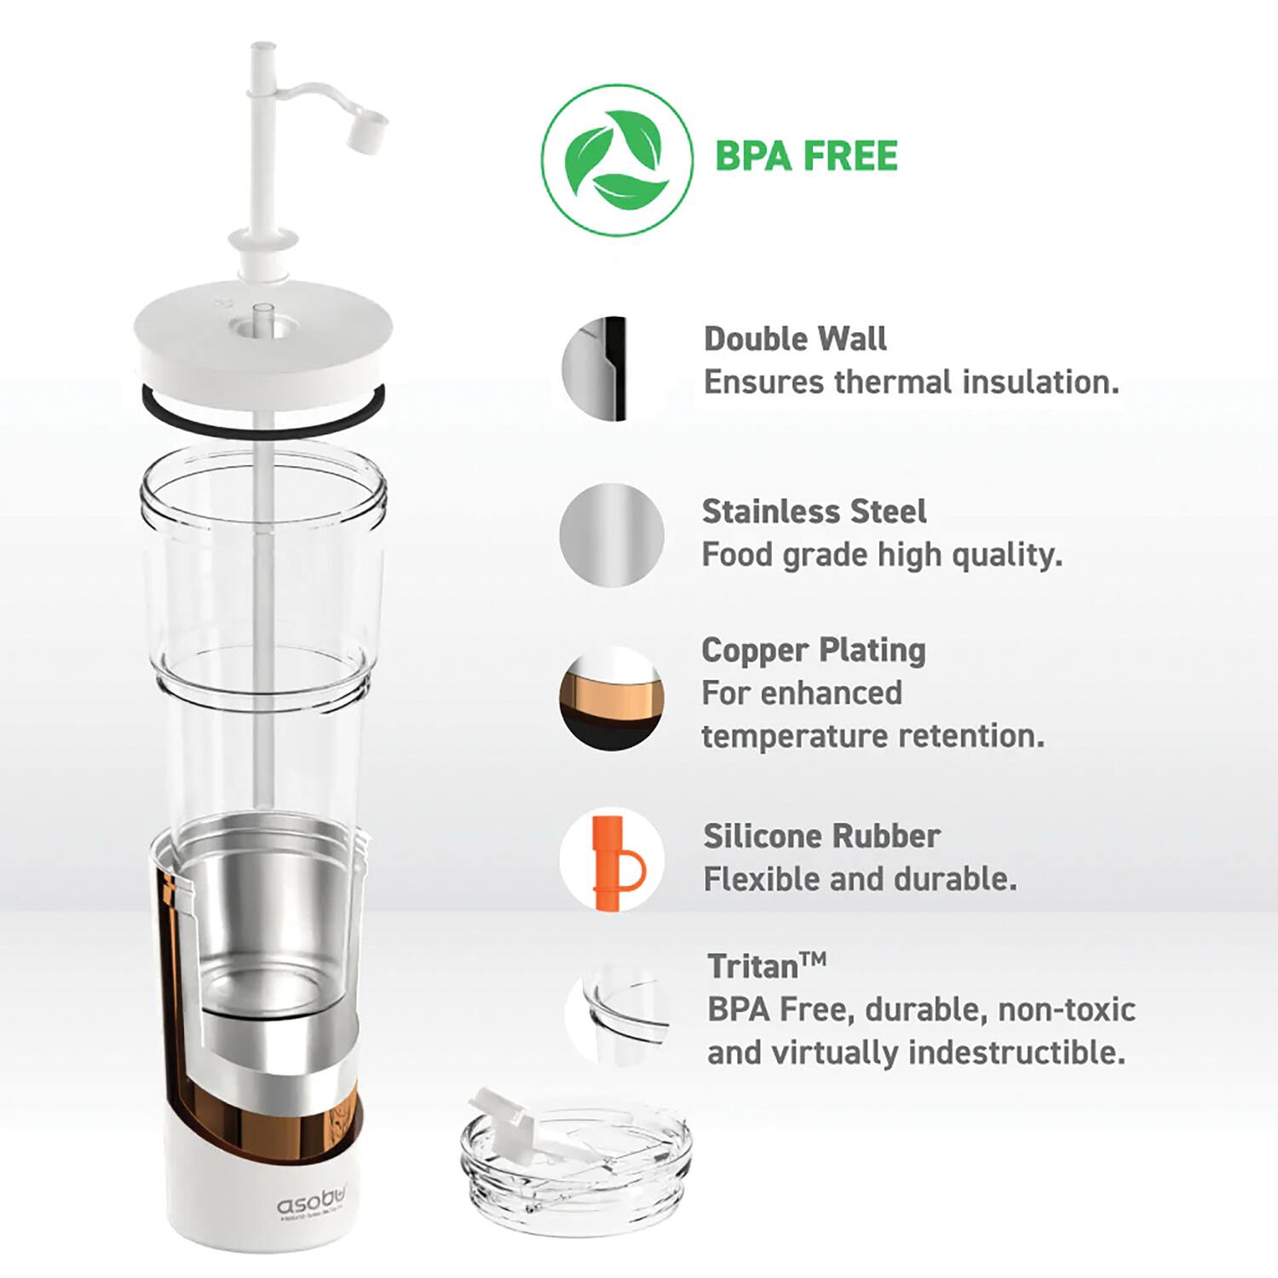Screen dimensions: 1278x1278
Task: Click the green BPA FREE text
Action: pos(806,156)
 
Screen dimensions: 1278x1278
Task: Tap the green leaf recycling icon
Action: pos(616,160)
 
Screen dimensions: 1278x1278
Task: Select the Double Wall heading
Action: pos(795,339)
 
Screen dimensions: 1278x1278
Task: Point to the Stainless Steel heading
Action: pos(814,511)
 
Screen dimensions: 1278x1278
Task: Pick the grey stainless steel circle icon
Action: pos(612,535)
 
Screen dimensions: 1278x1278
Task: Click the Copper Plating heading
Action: pos(814,650)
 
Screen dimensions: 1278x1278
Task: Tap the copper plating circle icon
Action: pos(611,699)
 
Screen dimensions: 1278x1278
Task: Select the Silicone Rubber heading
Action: pos(821,836)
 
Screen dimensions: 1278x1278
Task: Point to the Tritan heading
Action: pos(766,966)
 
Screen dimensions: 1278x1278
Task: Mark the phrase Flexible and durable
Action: pos(860,879)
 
